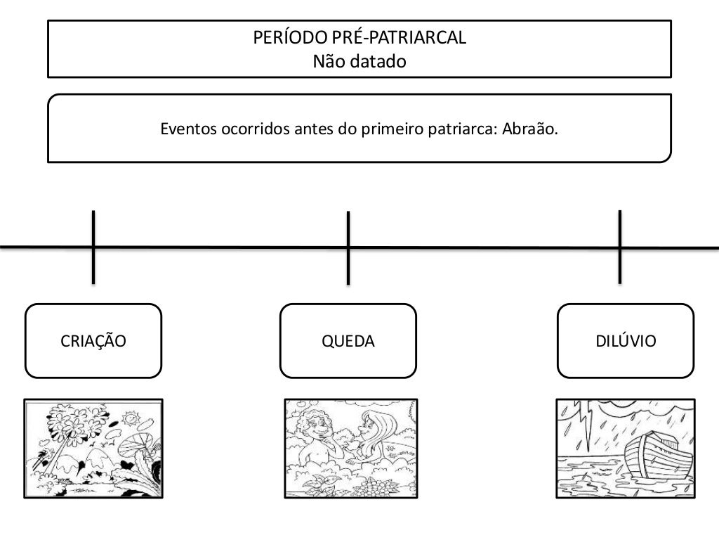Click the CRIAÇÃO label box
pos(93,341)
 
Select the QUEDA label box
pos(348,341)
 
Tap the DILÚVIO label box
pos(626,341)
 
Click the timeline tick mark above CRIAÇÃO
pos(93,246)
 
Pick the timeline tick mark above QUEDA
pos(348,247)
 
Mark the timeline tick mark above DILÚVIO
pos(619,246)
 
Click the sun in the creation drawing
pos(130,420)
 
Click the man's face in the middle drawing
pos(322,428)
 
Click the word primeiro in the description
pos(389,129)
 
